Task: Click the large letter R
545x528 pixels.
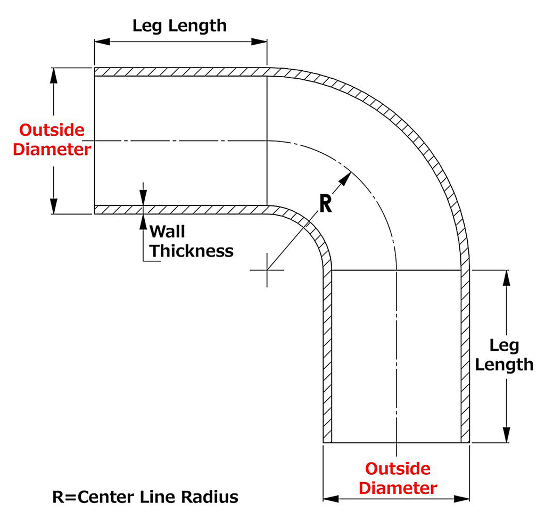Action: click(x=325, y=203)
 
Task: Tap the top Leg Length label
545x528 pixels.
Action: click(x=179, y=25)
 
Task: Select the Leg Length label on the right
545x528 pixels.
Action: click(x=503, y=355)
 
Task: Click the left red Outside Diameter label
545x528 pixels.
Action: click(x=52, y=139)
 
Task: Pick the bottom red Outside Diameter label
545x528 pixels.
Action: click(x=398, y=478)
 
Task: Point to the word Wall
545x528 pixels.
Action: click(x=167, y=232)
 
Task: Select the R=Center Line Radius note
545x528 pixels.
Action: click(x=145, y=497)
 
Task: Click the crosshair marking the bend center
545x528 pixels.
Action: click(x=267, y=270)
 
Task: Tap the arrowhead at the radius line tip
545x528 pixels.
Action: click(x=346, y=178)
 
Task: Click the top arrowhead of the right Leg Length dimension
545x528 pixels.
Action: click(x=507, y=277)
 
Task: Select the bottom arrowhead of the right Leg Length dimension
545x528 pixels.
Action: click(x=507, y=436)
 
